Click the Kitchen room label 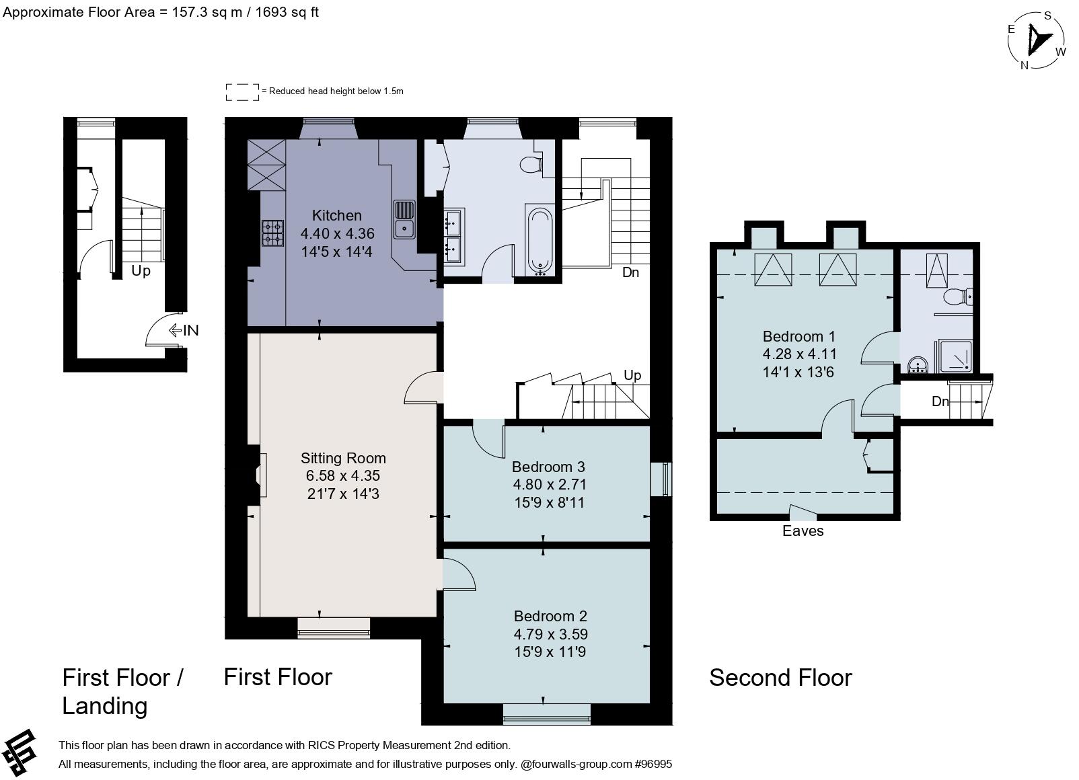[x=337, y=215]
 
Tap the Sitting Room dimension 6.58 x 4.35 [x=343, y=475]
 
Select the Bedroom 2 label [x=550, y=617]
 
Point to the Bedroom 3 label [x=549, y=467]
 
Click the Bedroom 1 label [x=799, y=336]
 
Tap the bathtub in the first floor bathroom [x=540, y=241]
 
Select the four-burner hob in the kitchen [x=273, y=233]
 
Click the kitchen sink [x=405, y=220]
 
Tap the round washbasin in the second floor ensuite [x=919, y=365]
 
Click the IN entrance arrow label [x=184, y=330]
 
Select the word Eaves [x=803, y=531]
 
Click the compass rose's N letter [x=1025, y=65]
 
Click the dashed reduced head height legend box [x=243, y=92]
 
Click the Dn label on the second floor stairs [x=940, y=401]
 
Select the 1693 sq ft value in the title [x=287, y=12]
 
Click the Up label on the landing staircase [x=141, y=271]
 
